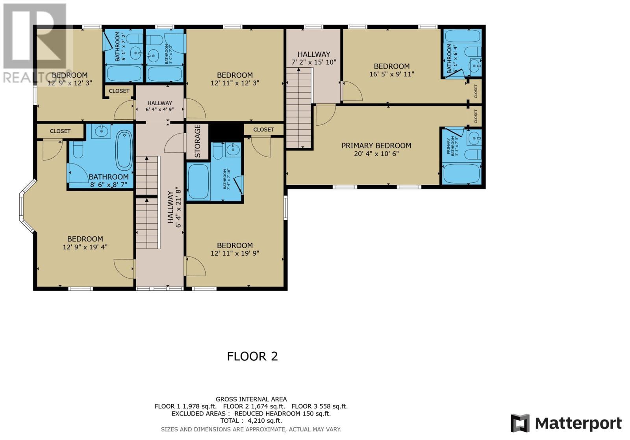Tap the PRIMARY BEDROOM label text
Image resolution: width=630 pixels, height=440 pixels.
click(376, 145)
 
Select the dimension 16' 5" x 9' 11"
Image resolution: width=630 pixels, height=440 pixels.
click(391, 74)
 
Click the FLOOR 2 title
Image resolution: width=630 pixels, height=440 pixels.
click(252, 356)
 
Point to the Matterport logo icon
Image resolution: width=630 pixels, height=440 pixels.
click(520, 423)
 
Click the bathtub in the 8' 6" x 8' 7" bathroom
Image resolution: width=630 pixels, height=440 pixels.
click(124, 150)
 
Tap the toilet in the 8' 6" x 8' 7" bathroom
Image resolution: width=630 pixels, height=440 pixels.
click(77, 150)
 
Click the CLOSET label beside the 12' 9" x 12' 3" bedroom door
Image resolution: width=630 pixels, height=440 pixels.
click(119, 91)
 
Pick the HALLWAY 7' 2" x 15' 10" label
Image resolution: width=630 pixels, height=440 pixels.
click(313, 58)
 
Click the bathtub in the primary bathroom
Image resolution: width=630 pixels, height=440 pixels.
click(461, 174)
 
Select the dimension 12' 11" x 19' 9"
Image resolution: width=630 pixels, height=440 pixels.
click(235, 253)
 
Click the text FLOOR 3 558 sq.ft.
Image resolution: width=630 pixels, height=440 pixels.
click(319, 406)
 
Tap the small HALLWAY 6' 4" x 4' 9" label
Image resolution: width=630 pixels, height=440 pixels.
click(160, 106)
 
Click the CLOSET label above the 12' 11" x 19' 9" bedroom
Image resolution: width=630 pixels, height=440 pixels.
click(263, 130)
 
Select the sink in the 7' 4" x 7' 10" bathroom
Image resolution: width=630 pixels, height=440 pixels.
click(233, 149)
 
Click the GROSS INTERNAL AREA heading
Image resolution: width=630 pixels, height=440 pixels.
click(251, 399)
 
